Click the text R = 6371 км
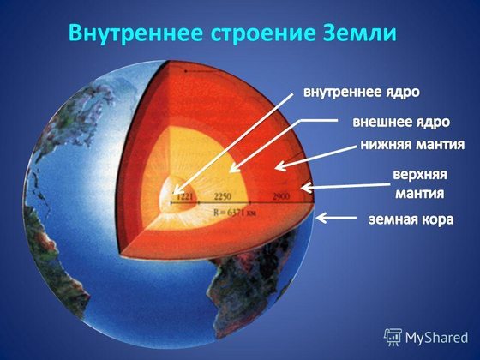pos(237,207)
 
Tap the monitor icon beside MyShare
pos(393,337)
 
